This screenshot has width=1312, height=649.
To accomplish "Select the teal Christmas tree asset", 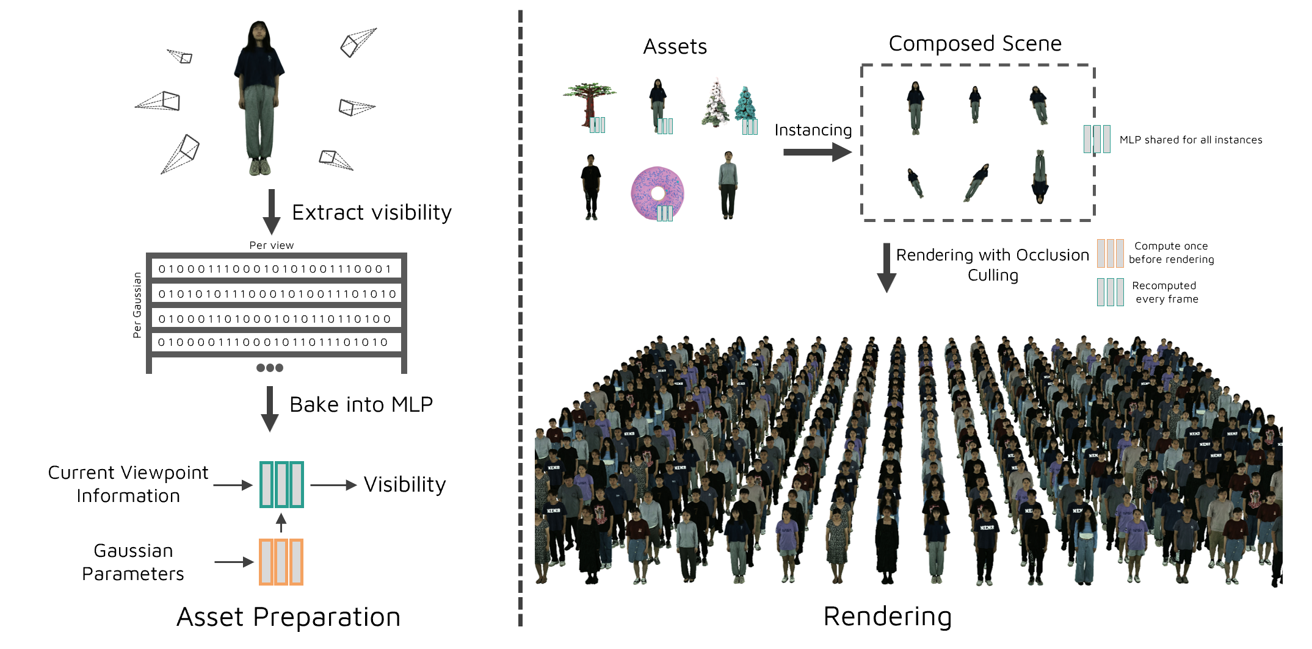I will (745, 104).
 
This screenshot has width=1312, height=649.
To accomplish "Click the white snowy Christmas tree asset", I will (716, 104).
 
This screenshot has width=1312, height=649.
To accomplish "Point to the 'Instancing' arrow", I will (816, 152).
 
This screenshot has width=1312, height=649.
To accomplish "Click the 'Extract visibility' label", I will (371, 212).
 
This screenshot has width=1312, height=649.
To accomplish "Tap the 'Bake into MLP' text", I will (361, 404).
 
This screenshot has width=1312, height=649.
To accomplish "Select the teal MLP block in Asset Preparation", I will (281, 484).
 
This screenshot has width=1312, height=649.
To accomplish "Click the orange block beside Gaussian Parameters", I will (281, 562).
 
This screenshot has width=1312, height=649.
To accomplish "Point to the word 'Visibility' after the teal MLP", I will (405, 484).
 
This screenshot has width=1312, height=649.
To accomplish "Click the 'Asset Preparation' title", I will (288, 617).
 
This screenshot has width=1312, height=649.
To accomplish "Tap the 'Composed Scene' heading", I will (974, 44).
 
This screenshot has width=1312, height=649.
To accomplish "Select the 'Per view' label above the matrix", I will (271, 245).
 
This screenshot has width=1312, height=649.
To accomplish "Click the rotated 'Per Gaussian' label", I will (137, 305).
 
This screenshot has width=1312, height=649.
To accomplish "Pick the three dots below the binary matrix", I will (270, 368).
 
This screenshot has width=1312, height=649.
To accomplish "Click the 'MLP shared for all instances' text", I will (1191, 140).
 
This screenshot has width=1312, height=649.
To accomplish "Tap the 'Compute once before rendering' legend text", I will (1171, 253).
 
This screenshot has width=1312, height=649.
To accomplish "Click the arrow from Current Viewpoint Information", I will (233, 485).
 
